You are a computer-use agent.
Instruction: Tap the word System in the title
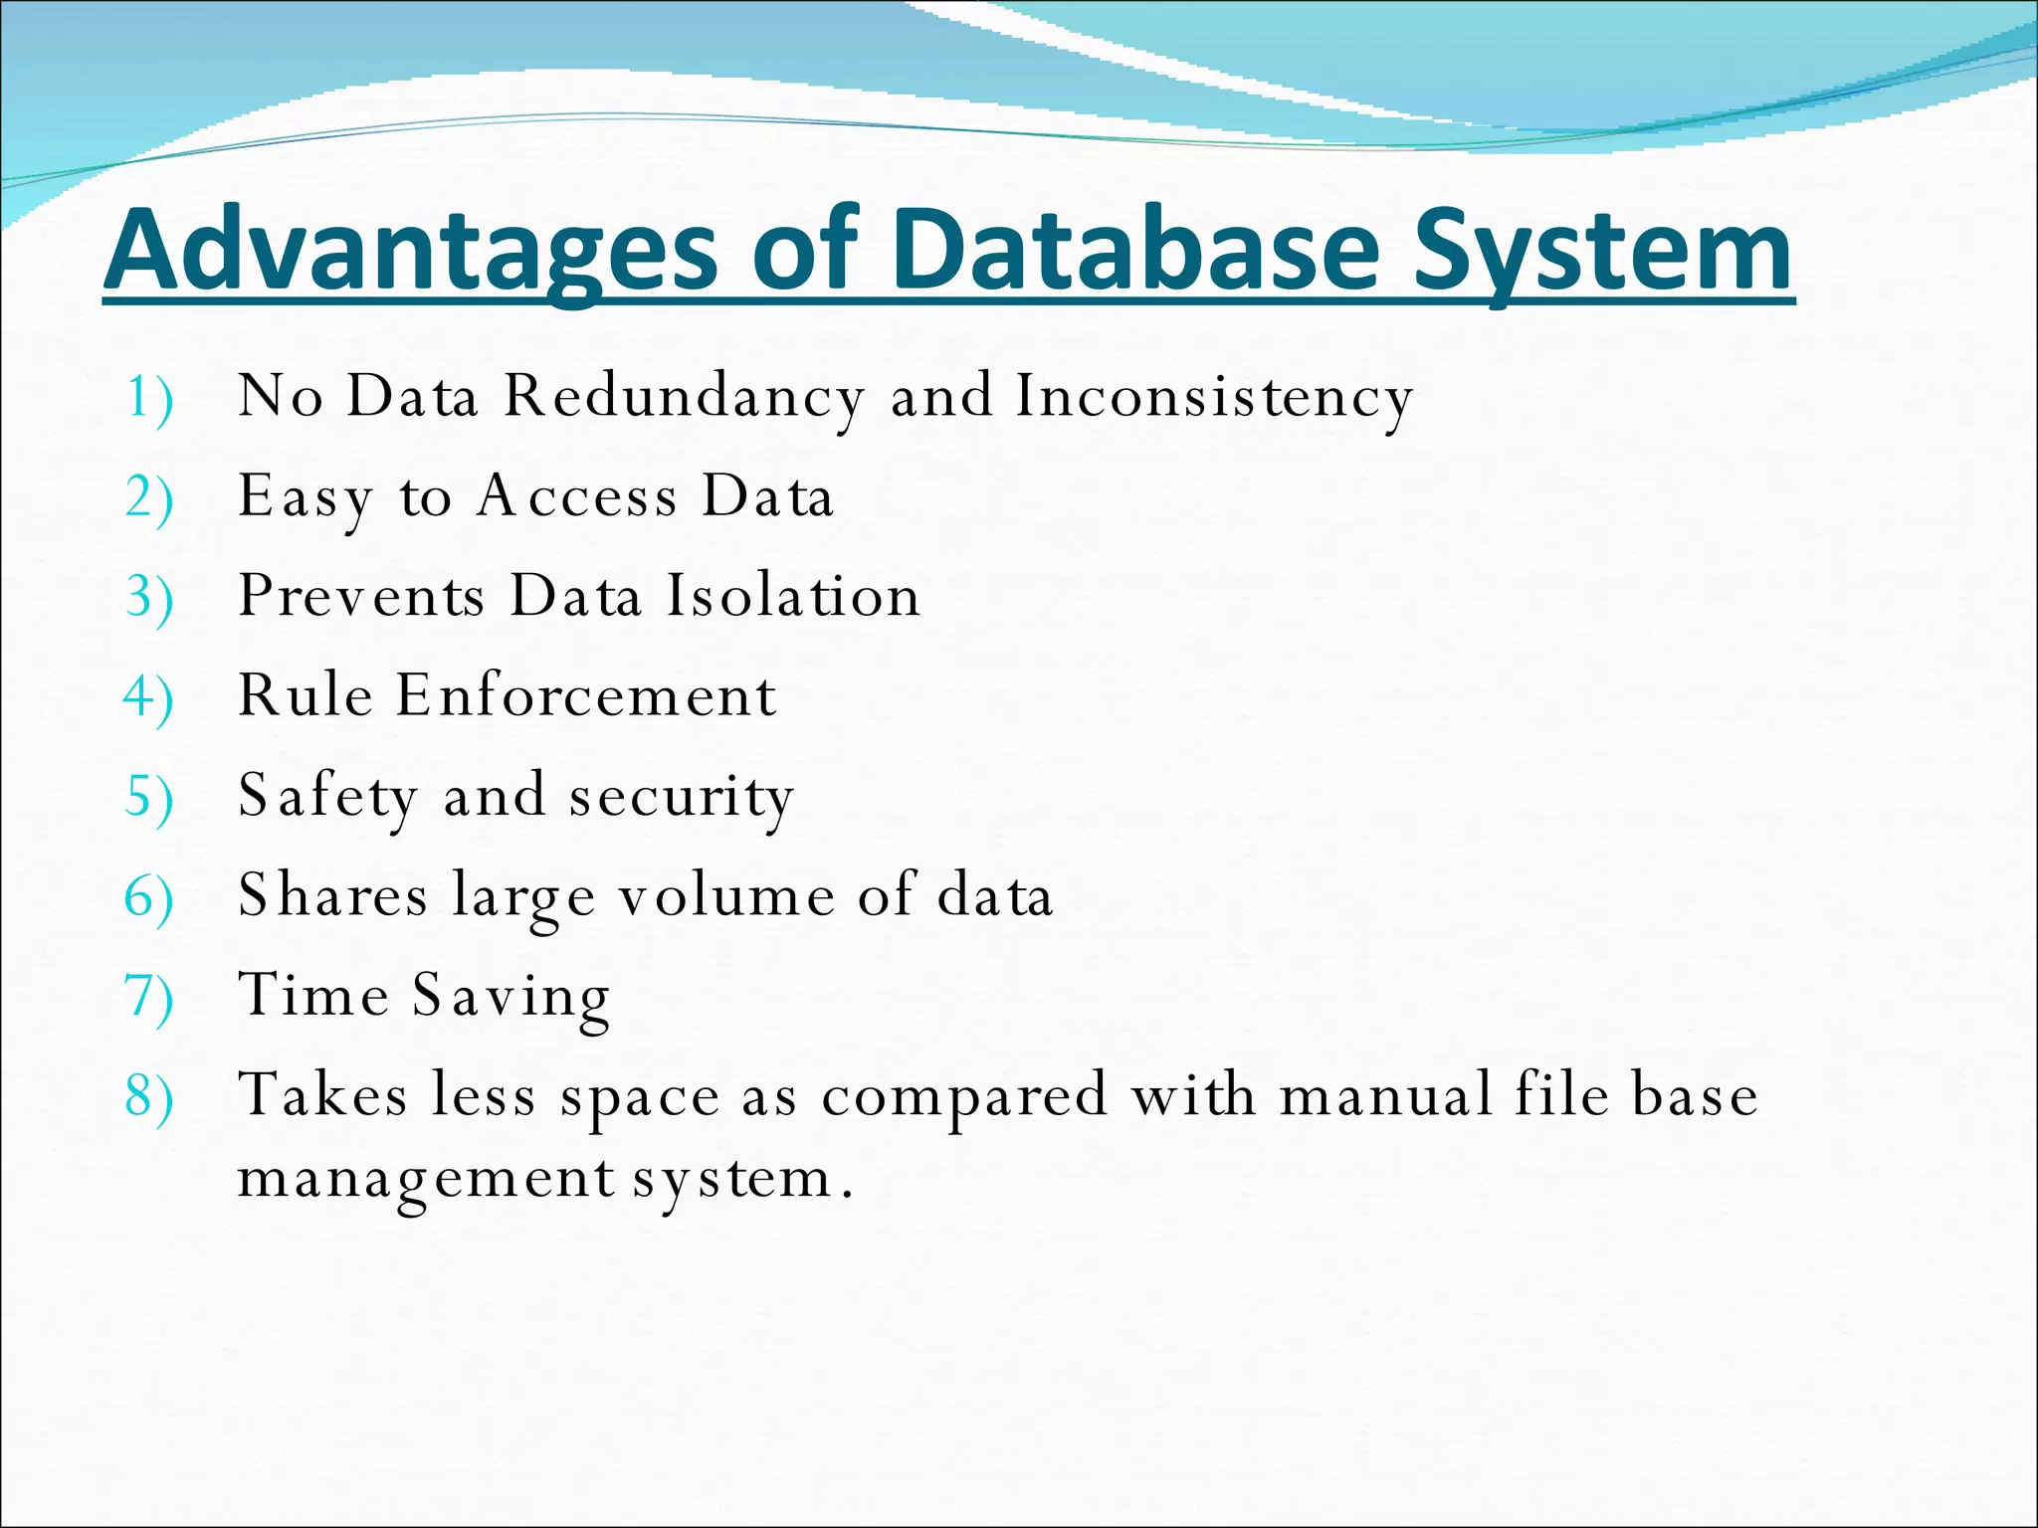pyautogui.click(x=1603, y=250)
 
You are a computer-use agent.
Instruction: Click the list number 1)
pyautogui.click(x=149, y=399)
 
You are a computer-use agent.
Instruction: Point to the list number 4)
pyautogui.click(x=148, y=698)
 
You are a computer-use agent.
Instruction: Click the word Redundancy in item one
pyautogui.click(x=684, y=397)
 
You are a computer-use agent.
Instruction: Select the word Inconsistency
pyautogui.click(x=1214, y=397)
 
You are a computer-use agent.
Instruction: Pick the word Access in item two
pyautogui.click(x=577, y=496)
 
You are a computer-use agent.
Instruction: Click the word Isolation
pyautogui.click(x=793, y=596)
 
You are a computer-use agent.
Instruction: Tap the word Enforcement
pyautogui.click(x=586, y=695)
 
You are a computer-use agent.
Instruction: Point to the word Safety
pyautogui.click(x=327, y=796)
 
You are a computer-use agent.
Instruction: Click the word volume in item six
pyautogui.click(x=727, y=895)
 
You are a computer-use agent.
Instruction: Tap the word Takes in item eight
pyautogui.click(x=322, y=1095)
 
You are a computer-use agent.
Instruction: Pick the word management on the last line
pyautogui.click(x=426, y=1179)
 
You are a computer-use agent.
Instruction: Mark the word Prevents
pyautogui.click(x=362, y=596)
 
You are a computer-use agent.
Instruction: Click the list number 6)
pyautogui.click(x=148, y=898)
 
